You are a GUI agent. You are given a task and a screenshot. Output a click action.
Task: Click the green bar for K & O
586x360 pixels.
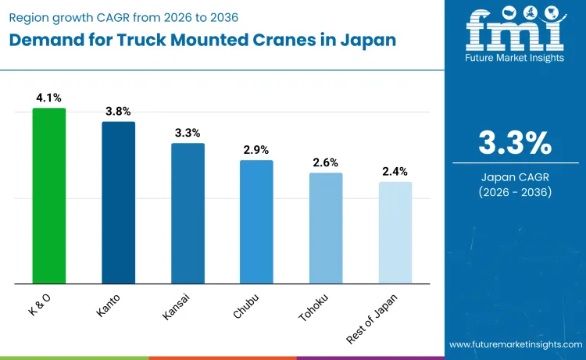tap(48, 195)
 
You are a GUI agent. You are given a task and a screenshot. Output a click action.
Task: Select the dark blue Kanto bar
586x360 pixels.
tap(118, 202)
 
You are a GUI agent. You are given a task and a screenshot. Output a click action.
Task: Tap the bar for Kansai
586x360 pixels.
tap(188, 212)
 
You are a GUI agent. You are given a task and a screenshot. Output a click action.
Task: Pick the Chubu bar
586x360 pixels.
tap(256, 221)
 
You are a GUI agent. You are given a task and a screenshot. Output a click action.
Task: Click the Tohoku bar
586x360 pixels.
tap(326, 227)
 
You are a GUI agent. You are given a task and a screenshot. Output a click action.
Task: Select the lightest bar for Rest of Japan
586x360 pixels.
tap(395, 232)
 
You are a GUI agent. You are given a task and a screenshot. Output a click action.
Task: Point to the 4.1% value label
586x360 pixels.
tap(48, 98)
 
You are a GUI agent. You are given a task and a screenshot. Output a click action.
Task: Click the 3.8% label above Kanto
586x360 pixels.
tap(118, 112)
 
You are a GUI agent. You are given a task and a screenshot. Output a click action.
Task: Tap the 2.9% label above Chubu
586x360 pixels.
tap(256, 150)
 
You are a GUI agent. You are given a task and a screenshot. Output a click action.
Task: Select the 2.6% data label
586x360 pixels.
tap(326, 162)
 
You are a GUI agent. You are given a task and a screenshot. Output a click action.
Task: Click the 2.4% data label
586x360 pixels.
tap(395, 172)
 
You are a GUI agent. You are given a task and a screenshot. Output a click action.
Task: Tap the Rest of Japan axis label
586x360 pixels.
tap(373, 319)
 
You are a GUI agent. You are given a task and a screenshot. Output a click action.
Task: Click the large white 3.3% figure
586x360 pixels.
tap(515, 144)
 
